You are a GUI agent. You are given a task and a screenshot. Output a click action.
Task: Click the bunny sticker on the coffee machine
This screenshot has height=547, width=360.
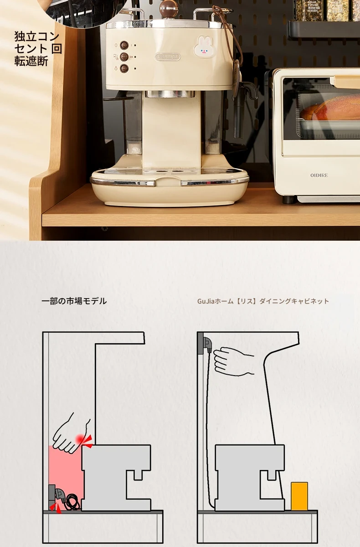204,46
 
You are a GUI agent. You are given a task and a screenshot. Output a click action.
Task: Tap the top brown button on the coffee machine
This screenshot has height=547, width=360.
124,45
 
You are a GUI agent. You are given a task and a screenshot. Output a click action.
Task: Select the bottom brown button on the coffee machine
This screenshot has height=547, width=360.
124,68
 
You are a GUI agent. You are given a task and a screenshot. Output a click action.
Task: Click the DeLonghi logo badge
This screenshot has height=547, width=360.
168,57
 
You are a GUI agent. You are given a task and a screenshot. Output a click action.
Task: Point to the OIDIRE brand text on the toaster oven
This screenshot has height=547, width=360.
319,175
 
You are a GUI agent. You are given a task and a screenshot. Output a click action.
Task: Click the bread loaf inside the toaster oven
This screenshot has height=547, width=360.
329,109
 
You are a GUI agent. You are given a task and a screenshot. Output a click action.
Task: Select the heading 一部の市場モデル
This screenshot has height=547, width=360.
74,301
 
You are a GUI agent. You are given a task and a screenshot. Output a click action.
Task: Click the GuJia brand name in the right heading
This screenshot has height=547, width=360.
206,301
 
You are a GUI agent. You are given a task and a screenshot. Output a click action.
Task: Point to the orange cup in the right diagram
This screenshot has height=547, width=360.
299,496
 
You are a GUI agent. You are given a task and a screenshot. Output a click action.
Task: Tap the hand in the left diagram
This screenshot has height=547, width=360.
71,433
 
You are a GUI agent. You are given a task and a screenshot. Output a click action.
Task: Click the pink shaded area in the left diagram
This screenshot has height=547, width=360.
66,473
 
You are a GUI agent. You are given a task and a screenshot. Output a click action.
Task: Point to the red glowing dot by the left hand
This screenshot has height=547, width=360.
80,439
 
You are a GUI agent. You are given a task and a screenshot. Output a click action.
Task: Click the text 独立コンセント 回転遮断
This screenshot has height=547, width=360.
38,49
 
